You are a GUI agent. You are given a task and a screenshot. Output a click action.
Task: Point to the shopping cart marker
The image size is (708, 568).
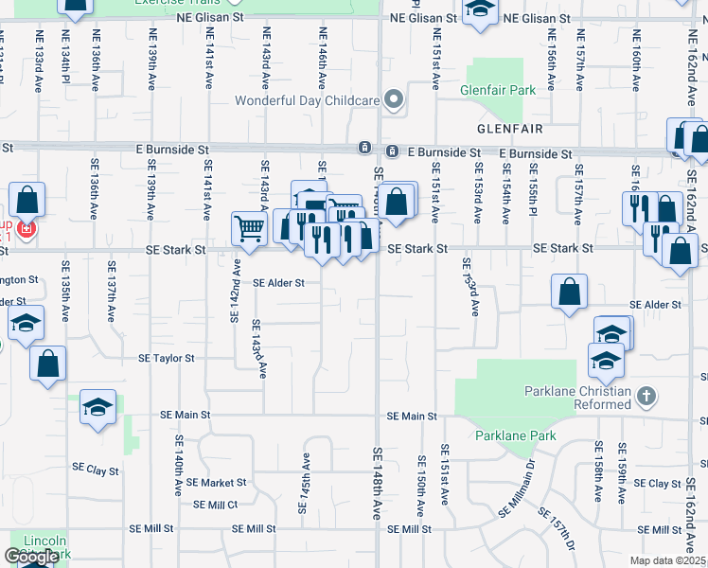pos(249,227)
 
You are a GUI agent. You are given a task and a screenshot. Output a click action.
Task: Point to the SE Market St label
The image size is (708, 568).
pos(216,482)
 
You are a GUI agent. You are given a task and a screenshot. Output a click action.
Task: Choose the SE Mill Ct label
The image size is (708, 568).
pos(216,505)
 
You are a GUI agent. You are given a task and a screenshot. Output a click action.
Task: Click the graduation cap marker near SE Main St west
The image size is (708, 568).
pos(97,408)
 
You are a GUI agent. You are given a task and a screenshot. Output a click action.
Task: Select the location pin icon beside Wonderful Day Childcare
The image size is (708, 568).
pos(394,98)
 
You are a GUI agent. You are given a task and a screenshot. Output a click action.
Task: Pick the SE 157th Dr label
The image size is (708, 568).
pos(557,529)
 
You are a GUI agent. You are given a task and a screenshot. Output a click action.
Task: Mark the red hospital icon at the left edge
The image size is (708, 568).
pos(26,229)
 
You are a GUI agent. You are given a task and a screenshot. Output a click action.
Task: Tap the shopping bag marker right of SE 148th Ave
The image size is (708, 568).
pos(398,201)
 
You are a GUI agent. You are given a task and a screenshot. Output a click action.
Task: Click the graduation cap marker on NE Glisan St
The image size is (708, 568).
pos(481,10)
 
